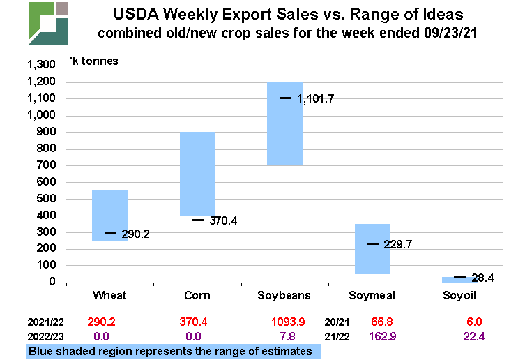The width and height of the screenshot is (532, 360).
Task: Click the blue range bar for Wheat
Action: [109, 215]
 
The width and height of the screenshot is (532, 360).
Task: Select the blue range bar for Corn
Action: [197, 174]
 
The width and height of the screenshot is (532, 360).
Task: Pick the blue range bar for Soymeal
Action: [372, 249]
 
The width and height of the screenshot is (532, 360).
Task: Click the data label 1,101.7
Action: [315, 99]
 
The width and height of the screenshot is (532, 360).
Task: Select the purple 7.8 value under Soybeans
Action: [284, 337]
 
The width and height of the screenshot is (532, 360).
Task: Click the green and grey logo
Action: [48, 23]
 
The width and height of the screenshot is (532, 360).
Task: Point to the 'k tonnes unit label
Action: [93, 61]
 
